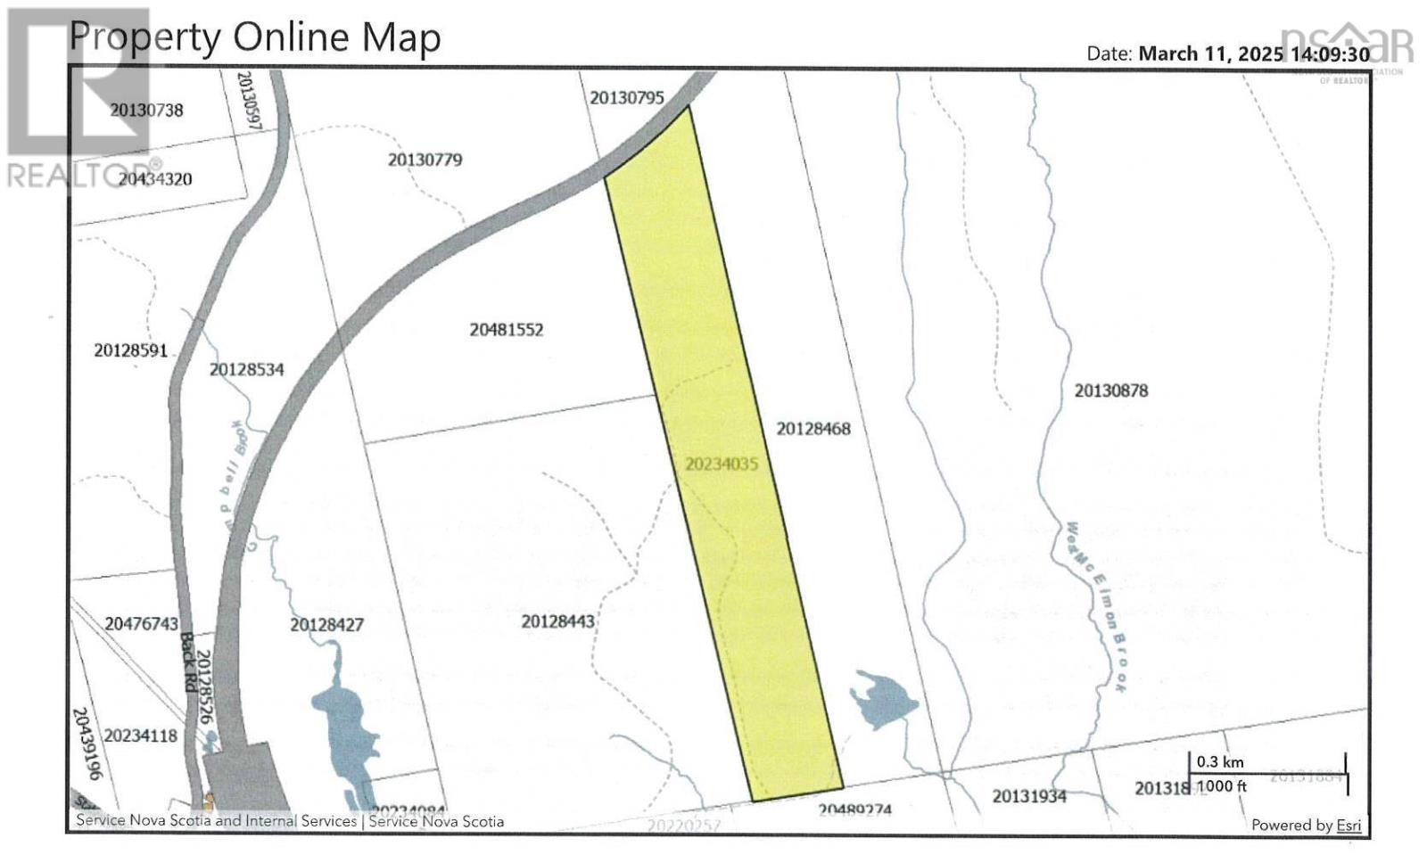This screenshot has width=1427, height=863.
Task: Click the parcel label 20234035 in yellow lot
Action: pos(721,464)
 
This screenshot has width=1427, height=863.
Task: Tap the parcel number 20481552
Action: pos(506,330)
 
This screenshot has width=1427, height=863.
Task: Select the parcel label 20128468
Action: pos(812,429)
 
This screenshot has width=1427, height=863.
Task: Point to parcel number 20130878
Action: pos(1110,390)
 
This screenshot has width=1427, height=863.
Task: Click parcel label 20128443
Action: pos(557,621)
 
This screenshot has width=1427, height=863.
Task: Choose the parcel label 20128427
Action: pos(326,625)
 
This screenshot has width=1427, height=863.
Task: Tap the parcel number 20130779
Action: pos(425,160)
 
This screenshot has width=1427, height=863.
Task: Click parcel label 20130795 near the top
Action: pos(627,98)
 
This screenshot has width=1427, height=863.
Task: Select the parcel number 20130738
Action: pos(146,110)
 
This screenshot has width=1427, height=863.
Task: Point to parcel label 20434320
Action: pos(155,179)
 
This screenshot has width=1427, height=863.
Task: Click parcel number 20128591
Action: pos(130,350)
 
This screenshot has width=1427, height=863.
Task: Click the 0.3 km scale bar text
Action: pos(1219,762)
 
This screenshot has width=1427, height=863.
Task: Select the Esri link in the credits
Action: pos(1348,826)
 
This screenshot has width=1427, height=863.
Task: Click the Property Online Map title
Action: pos(255,37)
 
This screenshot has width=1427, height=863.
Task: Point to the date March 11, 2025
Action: pos(1210,53)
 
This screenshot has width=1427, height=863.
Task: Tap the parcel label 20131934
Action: pos(1028,796)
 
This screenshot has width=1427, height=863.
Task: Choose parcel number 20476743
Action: pos(141,624)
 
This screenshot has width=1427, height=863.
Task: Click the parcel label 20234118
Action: pos(140,736)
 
